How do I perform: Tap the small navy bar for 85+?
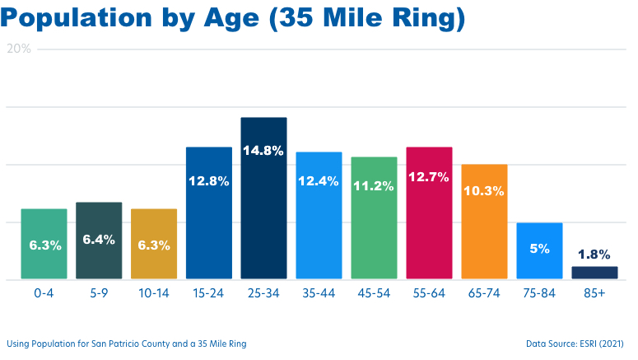click(x=594, y=273)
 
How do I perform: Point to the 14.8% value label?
click(x=263, y=151)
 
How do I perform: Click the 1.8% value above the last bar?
click(x=594, y=255)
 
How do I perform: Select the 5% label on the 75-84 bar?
click(x=539, y=248)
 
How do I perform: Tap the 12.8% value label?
click(x=208, y=181)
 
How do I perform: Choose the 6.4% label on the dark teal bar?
click(x=99, y=240)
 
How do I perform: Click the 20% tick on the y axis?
click(x=19, y=49)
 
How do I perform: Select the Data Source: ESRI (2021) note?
click(x=575, y=343)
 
